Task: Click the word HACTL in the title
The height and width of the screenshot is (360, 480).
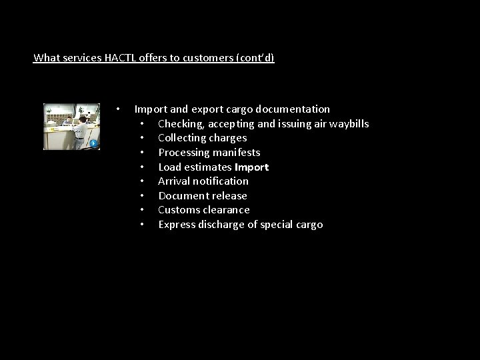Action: click(121, 58)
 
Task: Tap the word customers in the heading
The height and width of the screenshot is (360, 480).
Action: click(199, 58)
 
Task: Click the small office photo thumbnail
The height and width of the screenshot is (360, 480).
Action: click(71, 126)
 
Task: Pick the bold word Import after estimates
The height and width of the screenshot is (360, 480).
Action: click(251, 167)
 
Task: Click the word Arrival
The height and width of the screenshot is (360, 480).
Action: click(175, 181)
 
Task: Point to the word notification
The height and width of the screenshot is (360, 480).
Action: click(221, 181)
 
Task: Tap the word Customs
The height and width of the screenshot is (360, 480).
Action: click(179, 210)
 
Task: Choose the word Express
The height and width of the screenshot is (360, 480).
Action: click(177, 225)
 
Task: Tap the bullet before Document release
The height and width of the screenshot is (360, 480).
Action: click(143, 196)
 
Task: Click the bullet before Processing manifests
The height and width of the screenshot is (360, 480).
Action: click(143, 153)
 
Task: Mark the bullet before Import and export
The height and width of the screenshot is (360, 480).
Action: click(117, 109)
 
